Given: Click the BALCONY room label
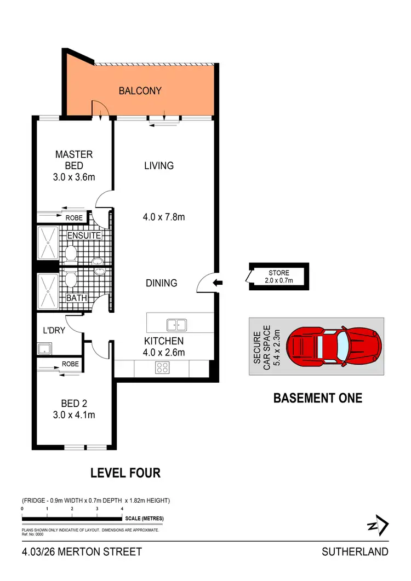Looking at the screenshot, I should (x=140, y=91).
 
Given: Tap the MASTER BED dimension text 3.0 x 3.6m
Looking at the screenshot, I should (x=74, y=177).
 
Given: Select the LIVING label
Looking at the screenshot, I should (x=159, y=165).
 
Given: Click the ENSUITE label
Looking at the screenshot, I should (x=84, y=235).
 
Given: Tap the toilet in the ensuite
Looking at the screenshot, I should (x=70, y=252).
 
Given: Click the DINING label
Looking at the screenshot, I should (x=162, y=283).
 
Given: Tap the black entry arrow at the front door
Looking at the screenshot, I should (x=218, y=283).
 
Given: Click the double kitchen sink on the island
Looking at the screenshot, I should (x=176, y=325).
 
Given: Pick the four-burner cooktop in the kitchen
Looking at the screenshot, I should (x=163, y=367).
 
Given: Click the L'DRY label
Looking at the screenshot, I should (x=54, y=331).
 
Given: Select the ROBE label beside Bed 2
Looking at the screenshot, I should (x=70, y=364).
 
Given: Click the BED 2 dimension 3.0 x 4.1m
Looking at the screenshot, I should (x=74, y=415).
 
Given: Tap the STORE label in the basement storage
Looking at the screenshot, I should (x=278, y=273).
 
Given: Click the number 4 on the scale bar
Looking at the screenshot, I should (x=122, y=509).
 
